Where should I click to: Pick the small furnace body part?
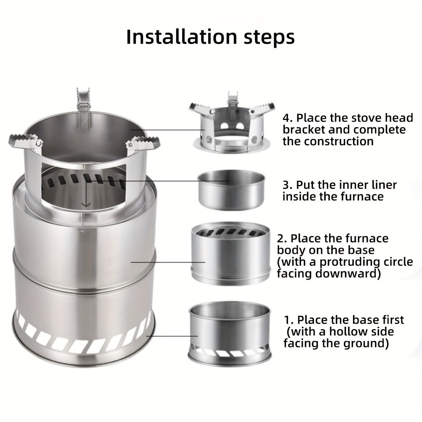[231, 253]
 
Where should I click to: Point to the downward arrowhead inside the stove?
[86, 205]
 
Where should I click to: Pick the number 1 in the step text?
[287, 320]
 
